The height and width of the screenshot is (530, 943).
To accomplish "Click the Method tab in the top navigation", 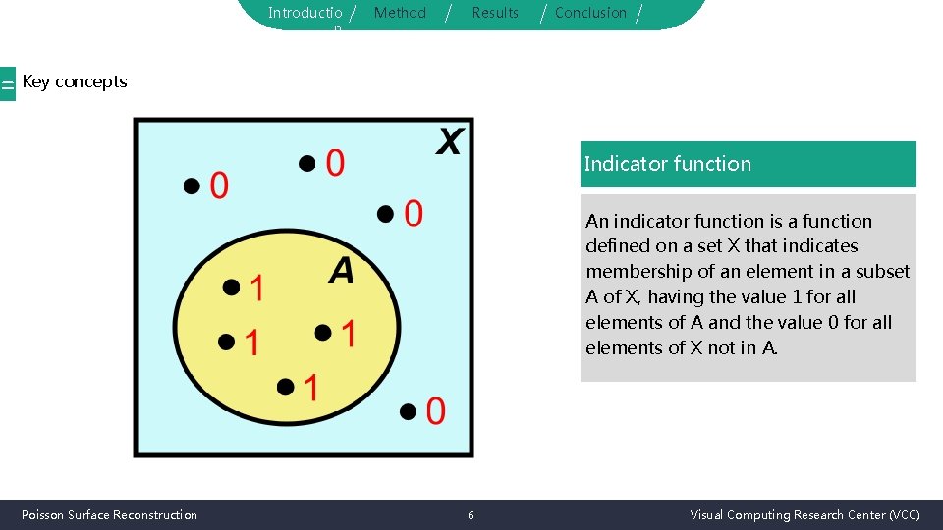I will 400,13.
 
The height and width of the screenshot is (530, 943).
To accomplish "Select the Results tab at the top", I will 495,13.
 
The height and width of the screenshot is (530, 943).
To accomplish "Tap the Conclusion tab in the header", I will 590,13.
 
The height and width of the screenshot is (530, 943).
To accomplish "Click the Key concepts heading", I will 75,81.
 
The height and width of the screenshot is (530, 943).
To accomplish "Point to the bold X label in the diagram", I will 448,142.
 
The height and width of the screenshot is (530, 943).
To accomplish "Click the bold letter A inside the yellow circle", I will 341,270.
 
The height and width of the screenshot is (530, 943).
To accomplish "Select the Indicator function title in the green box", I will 668,164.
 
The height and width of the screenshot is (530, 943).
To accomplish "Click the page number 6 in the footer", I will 471,515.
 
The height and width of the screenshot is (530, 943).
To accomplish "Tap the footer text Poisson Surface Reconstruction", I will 109,515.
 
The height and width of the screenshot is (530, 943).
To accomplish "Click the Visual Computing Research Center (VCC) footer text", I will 804,515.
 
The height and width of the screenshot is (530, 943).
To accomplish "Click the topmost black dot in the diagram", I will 307,162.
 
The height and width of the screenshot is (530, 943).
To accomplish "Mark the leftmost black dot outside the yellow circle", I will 191,185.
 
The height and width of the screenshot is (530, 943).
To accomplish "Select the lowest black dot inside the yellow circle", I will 285,388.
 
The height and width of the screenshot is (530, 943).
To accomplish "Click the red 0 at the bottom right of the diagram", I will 435,411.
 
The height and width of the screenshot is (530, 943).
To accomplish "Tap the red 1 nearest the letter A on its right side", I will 348,334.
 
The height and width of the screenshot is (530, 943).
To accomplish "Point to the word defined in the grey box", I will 619,246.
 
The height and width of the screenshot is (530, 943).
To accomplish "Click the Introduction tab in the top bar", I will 305,13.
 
